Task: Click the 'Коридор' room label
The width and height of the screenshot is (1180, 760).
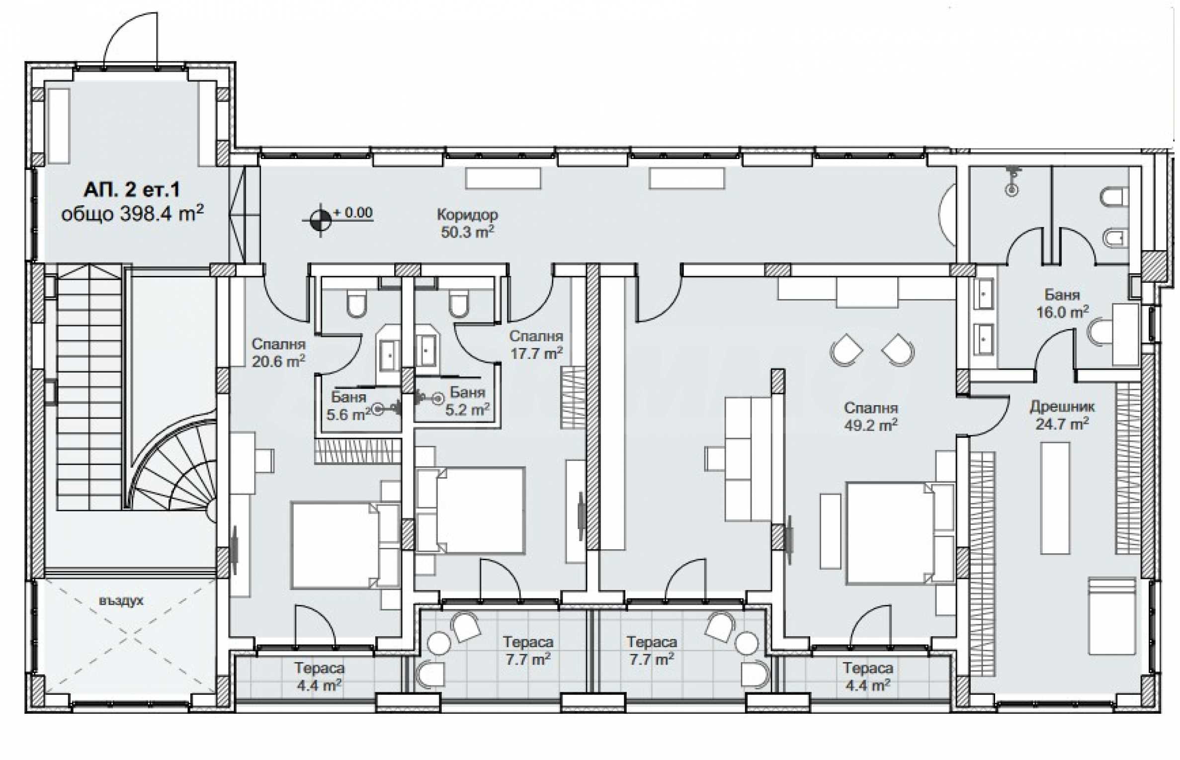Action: point(467,215)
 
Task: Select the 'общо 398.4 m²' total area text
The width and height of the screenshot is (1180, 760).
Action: point(132,214)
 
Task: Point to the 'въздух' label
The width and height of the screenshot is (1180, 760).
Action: point(121,601)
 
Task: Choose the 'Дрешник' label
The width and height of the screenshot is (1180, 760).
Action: point(1062,407)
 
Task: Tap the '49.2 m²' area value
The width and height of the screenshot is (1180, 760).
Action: point(871,425)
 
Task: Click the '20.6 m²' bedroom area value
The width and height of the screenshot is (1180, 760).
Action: point(278,361)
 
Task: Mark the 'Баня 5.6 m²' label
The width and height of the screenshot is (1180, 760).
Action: point(348,406)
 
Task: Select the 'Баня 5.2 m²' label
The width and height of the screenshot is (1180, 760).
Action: point(467,401)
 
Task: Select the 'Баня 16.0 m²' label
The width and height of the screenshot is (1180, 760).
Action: point(1062,303)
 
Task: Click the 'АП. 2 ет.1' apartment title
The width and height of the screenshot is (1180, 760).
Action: point(132,189)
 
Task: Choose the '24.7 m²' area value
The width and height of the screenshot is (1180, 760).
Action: point(1062,424)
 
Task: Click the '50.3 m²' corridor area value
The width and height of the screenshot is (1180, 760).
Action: point(467,232)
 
